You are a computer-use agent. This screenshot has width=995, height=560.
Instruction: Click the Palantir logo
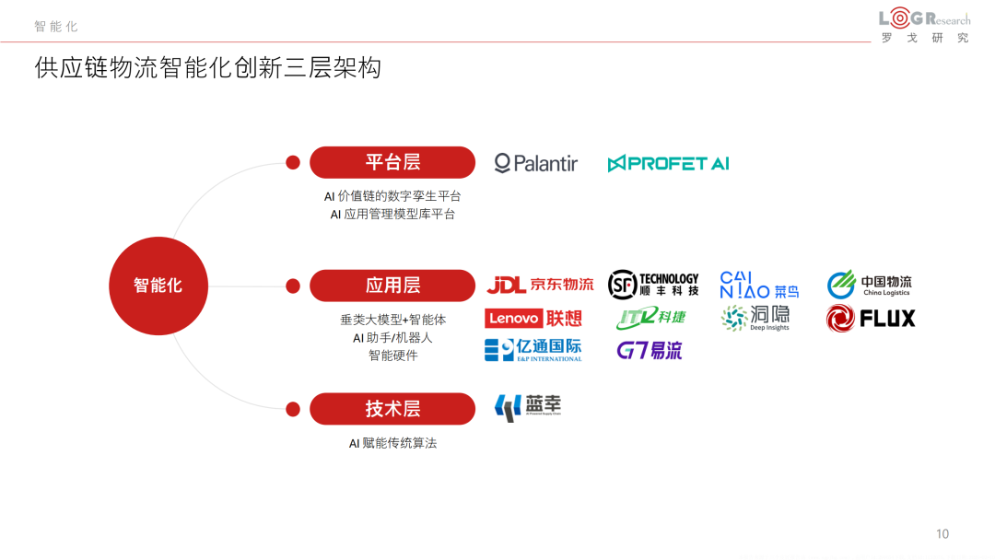point(535,163)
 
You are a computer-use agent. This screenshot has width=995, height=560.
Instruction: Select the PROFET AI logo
point(668,163)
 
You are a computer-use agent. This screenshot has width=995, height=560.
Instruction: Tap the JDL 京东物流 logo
point(540,285)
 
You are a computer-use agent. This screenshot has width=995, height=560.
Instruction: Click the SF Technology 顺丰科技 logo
point(653,284)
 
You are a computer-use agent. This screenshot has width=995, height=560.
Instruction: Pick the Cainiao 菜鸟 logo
point(759,285)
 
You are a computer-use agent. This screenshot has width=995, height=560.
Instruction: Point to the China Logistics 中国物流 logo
point(869,285)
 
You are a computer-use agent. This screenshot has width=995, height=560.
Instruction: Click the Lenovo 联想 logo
point(533,319)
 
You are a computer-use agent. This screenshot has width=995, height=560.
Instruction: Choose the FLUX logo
point(871,319)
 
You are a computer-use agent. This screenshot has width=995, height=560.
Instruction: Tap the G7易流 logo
point(649,350)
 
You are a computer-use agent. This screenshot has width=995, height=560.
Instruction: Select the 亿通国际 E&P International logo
point(533,350)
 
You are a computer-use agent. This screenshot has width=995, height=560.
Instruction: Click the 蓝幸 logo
point(528,407)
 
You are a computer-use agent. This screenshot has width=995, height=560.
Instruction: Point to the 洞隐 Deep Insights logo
point(755,318)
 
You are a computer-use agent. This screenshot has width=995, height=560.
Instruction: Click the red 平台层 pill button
point(392,162)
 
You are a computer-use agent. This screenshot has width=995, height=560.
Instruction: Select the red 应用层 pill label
point(392,286)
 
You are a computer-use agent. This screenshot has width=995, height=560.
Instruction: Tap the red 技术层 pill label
point(392,409)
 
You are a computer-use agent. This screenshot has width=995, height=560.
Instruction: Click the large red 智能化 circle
point(158,286)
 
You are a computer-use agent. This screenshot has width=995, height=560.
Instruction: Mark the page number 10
point(942,534)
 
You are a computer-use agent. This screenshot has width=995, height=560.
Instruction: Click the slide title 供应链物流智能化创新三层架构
point(207,68)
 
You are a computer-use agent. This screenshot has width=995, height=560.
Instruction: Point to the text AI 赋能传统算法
point(392,443)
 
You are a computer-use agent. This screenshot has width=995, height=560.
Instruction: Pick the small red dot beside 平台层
point(293,163)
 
